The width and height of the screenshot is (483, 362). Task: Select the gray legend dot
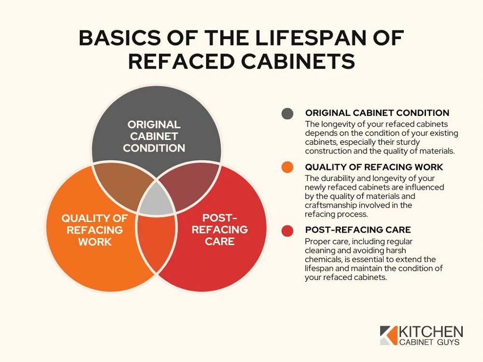pos(287,113)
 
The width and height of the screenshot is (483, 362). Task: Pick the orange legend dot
pos(287,167)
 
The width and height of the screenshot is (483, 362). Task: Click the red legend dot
pos(287,231)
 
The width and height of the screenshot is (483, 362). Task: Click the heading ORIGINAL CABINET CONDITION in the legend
pos(377,112)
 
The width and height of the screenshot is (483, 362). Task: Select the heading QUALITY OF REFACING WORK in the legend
pos(374,167)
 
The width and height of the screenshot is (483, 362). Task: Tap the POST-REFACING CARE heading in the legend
pos(358,230)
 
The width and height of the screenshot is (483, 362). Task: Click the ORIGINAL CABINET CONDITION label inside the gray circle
pos(154,137)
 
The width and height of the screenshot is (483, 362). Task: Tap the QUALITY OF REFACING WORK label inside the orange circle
pos(95,230)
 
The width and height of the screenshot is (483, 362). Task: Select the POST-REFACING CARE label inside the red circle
pos(220,230)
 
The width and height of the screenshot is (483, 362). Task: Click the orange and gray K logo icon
pos(389,335)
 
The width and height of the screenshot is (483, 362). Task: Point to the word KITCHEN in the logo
pos(431,332)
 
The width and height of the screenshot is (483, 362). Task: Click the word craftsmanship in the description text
pos(328,205)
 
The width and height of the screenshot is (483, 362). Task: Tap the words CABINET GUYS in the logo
pos(429,342)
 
